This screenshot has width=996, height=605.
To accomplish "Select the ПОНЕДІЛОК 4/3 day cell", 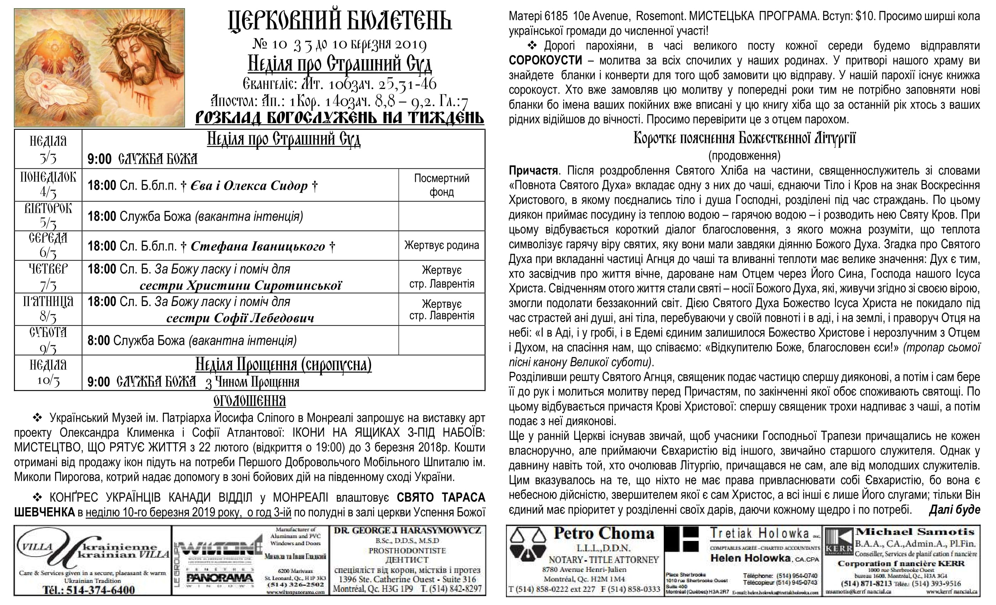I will click(48, 185).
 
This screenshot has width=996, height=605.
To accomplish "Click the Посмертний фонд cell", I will click(441, 185).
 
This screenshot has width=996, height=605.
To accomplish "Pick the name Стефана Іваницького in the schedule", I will click(258, 246).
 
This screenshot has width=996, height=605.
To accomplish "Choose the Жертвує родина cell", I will click(441, 246).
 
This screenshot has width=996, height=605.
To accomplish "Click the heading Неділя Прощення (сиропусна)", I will click(284, 364).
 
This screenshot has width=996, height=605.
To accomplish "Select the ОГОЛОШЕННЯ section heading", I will click(249, 401).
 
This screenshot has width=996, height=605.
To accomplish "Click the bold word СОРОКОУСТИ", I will click(545, 60).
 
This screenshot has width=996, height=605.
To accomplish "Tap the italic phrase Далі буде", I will click(954, 510).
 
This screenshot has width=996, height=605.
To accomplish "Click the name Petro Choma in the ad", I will click(604, 533).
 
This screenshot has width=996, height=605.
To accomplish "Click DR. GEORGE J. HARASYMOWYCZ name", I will click(407, 531).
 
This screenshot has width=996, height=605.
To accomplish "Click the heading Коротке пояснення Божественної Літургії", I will click(744, 139).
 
